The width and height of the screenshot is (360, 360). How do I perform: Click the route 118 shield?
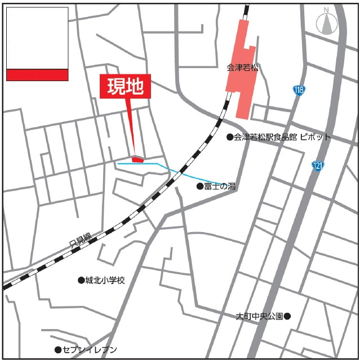pyautogui.click(x=299, y=90)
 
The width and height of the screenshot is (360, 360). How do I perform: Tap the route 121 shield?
pyautogui.click(x=318, y=166)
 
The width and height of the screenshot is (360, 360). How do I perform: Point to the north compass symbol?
pyautogui.click(x=325, y=23)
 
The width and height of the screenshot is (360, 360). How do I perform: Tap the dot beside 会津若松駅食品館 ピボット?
pyautogui.click(x=230, y=137)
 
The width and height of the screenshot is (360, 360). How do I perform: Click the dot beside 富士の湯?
pyautogui.click(x=199, y=186)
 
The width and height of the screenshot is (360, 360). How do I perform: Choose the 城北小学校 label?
pyautogui.click(x=105, y=280)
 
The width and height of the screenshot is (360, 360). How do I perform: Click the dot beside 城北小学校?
pyautogui.click(x=81, y=280)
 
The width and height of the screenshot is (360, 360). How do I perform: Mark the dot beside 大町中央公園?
pyautogui.click(x=287, y=316)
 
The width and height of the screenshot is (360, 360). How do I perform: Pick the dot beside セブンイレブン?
pyautogui.click(x=57, y=350)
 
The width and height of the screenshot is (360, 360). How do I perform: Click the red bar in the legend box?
pyautogui.click(x=37, y=75)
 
